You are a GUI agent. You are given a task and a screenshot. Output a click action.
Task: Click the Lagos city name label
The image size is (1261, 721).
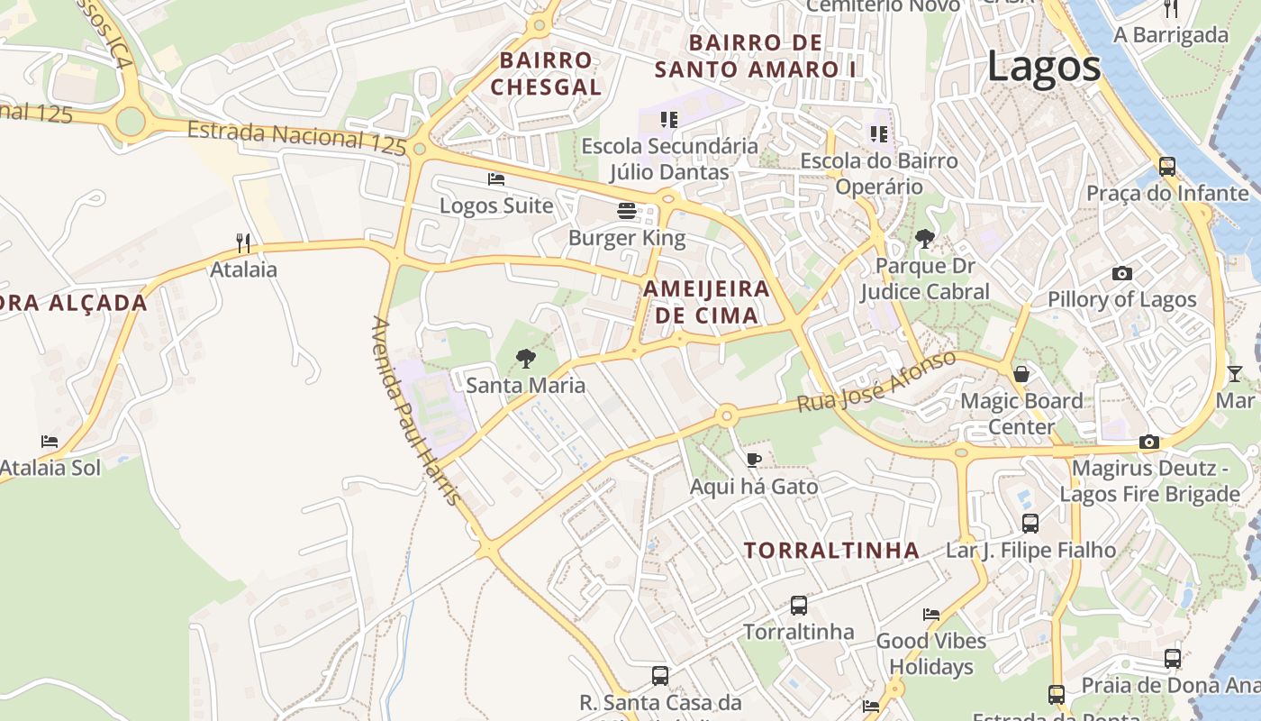click(1044, 67)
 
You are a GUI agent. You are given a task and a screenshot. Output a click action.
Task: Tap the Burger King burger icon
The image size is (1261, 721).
click(627, 211)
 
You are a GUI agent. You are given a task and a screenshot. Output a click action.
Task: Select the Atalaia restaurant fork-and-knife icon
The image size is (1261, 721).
click(242, 242)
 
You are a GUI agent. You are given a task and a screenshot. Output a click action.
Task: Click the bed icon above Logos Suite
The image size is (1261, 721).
click(496, 178)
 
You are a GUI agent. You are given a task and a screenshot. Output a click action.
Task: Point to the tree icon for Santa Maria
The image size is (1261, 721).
click(525, 359)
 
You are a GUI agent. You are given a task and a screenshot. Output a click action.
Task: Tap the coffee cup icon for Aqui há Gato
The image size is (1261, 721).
click(754, 461)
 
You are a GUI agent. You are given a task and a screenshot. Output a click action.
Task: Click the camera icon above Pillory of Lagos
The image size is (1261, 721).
click(1121, 273)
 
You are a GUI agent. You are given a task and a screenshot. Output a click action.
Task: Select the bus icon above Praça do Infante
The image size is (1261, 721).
click(1167, 167)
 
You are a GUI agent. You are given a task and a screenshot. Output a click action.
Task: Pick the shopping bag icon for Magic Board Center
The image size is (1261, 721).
click(1021, 373)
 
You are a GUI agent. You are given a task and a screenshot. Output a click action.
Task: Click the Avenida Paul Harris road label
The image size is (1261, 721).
click(416, 410)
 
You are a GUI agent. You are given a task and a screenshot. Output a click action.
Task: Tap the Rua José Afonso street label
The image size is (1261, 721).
click(875, 382)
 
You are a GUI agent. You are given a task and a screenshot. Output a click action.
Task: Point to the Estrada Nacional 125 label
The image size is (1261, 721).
click(297, 137)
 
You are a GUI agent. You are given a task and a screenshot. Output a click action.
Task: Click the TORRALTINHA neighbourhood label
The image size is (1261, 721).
click(831, 551)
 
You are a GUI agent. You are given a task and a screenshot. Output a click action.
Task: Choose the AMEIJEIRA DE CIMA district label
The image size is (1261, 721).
click(707, 302)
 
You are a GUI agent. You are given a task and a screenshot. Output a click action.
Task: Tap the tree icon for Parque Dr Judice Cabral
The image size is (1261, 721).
click(924, 239)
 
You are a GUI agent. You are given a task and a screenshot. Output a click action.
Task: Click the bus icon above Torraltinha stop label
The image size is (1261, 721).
click(798, 605)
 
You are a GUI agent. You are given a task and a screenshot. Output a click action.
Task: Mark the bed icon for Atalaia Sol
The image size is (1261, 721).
click(50, 442)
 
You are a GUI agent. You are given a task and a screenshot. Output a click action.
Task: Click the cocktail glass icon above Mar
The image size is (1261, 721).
click(1234, 373)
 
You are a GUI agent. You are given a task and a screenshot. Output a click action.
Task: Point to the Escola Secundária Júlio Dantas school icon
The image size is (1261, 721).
click(668, 119)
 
